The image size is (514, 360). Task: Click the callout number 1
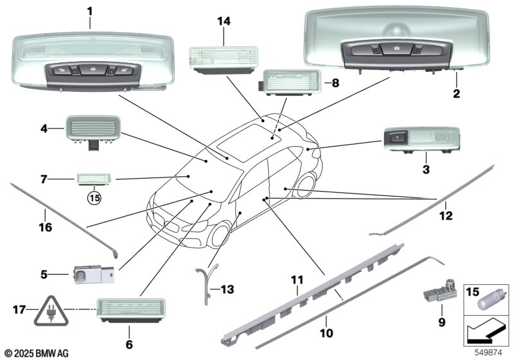(x=90, y=11)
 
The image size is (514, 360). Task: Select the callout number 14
(x=223, y=21)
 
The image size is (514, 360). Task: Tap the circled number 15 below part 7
(x=94, y=198)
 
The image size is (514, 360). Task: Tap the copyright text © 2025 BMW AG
(x=36, y=353)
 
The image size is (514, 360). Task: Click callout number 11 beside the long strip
(x=296, y=280)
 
